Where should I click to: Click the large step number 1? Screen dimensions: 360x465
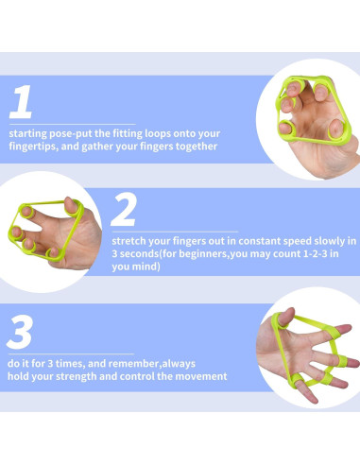tap(21, 101)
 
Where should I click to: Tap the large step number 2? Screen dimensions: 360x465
tap(124, 209)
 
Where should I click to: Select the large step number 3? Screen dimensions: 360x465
tap(20, 332)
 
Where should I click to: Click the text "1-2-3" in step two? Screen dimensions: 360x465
tap(315, 254)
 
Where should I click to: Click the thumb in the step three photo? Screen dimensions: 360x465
tap(285, 317)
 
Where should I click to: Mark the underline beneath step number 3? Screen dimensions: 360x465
tap(71, 353)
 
